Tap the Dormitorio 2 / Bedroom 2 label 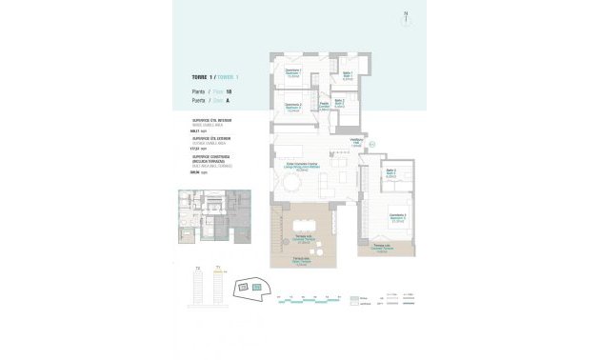[294, 108]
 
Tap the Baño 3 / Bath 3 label [391, 173]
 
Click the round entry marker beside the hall [372, 144]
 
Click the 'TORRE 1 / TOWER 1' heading [214, 76]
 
